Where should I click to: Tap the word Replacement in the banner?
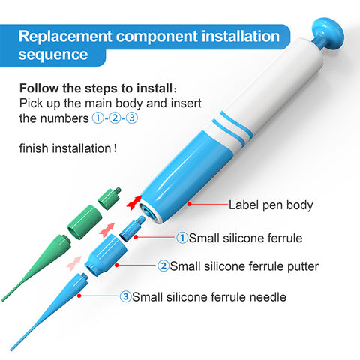65,37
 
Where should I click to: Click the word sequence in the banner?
53,55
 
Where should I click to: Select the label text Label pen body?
271,205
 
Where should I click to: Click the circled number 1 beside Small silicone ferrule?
182,238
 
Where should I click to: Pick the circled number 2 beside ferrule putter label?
163,265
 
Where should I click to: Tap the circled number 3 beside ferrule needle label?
125,296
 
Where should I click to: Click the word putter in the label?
303,266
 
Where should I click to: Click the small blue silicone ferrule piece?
132,229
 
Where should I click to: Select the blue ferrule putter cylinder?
106,254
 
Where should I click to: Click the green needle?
35,268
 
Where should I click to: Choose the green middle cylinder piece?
84,222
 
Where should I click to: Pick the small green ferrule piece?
109,199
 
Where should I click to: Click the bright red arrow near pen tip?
134,202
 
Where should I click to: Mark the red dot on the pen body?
190,204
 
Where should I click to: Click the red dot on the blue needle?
79,295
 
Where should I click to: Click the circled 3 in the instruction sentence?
131,118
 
